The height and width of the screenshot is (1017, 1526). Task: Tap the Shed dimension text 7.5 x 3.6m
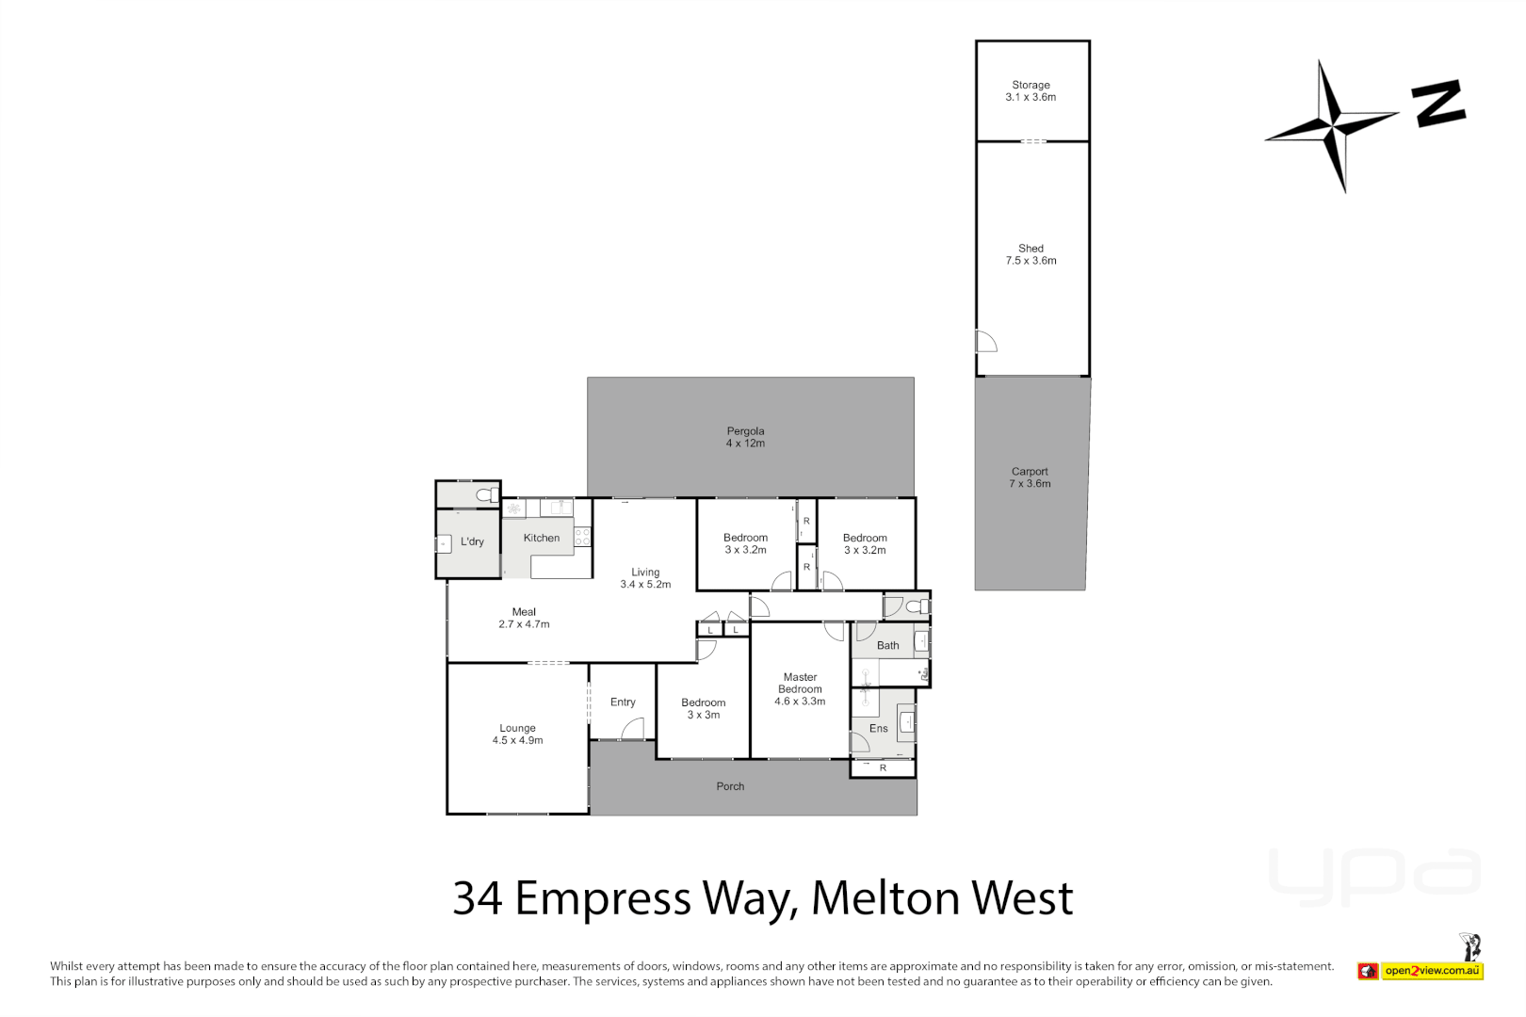(x=1031, y=261)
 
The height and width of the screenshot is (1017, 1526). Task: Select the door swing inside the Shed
(x=985, y=341)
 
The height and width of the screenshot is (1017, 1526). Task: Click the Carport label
(x=1030, y=472)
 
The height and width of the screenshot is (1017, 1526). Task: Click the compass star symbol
(x=1331, y=125)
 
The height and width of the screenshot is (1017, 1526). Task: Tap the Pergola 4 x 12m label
(x=745, y=437)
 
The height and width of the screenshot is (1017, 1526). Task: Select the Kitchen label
(x=542, y=538)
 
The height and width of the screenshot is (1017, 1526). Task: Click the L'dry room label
(x=472, y=541)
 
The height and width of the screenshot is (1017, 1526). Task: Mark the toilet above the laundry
(x=486, y=495)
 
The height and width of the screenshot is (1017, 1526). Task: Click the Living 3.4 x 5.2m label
(x=645, y=578)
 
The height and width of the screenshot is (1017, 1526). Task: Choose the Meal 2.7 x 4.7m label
(x=524, y=618)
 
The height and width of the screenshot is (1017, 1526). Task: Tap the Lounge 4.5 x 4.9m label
(x=517, y=734)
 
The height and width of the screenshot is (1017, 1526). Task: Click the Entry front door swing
(x=633, y=729)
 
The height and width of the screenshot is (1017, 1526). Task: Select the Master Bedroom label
(x=800, y=688)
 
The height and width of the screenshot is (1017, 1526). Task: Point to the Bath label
(x=887, y=645)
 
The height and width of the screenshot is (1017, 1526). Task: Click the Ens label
(x=878, y=728)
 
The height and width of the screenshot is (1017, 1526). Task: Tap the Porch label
(x=730, y=786)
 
